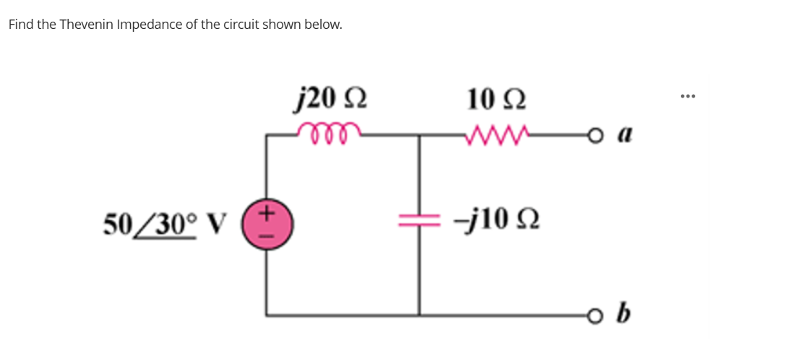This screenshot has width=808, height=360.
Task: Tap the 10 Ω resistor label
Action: pos(497,96)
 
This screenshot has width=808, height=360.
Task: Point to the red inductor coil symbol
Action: pos(328,130)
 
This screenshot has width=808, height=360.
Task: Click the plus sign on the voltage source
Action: pos(267,213)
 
